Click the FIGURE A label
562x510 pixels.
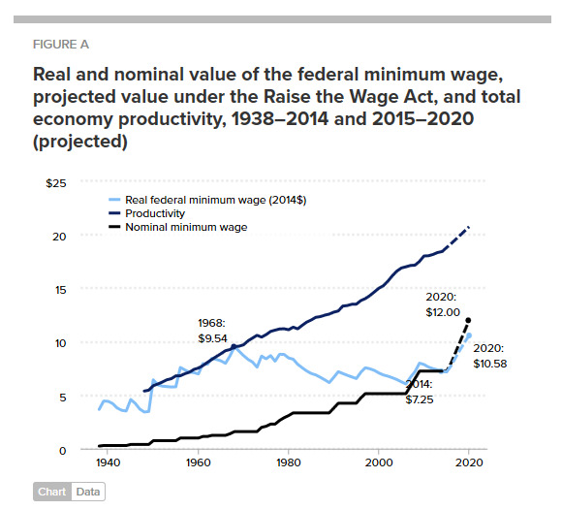[x=61, y=45]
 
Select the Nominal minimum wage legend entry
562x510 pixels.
[x=186, y=226]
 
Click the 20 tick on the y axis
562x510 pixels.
[x=59, y=237]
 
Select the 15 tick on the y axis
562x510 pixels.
[x=59, y=290]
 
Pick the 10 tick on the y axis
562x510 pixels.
[x=59, y=343]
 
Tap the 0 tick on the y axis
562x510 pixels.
[x=62, y=450]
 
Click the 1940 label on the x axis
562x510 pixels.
[x=109, y=464]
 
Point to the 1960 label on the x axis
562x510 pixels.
[x=199, y=464]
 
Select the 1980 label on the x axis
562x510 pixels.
[x=289, y=464]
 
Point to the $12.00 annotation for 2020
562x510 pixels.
[x=445, y=313]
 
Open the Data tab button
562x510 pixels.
[x=87, y=492]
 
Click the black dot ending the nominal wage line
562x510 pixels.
[x=469, y=320]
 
